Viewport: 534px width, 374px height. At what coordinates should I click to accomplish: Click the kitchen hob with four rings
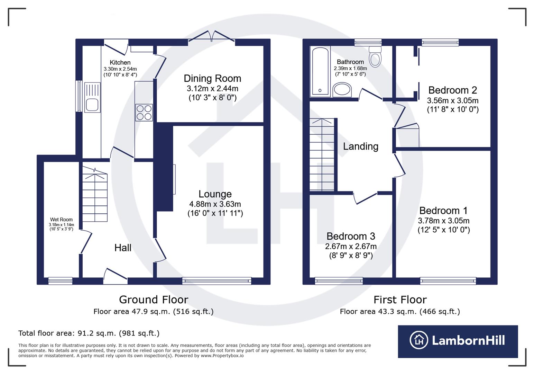[x=144, y=112]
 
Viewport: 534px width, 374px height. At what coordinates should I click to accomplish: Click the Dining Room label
[x=212, y=78]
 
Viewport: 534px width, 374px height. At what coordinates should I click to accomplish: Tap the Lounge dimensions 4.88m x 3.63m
[x=215, y=204]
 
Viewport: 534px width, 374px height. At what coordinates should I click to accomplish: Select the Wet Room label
[x=61, y=220]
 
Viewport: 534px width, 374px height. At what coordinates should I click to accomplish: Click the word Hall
[x=123, y=248]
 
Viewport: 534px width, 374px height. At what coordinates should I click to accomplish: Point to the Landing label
[x=360, y=146]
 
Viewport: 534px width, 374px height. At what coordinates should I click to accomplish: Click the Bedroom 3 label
[x=351, y=236]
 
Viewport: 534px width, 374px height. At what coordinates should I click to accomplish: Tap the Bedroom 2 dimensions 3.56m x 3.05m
[x=452, y=100]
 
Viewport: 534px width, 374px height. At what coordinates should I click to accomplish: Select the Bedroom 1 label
[x=443, y=211]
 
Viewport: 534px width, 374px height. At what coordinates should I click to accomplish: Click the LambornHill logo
[x=458, y=341]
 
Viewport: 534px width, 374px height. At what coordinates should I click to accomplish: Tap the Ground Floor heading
[x=154, y=300]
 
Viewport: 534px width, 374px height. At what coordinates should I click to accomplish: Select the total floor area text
[x=89, y=333]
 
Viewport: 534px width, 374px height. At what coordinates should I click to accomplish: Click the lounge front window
[x=217, y=281]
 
